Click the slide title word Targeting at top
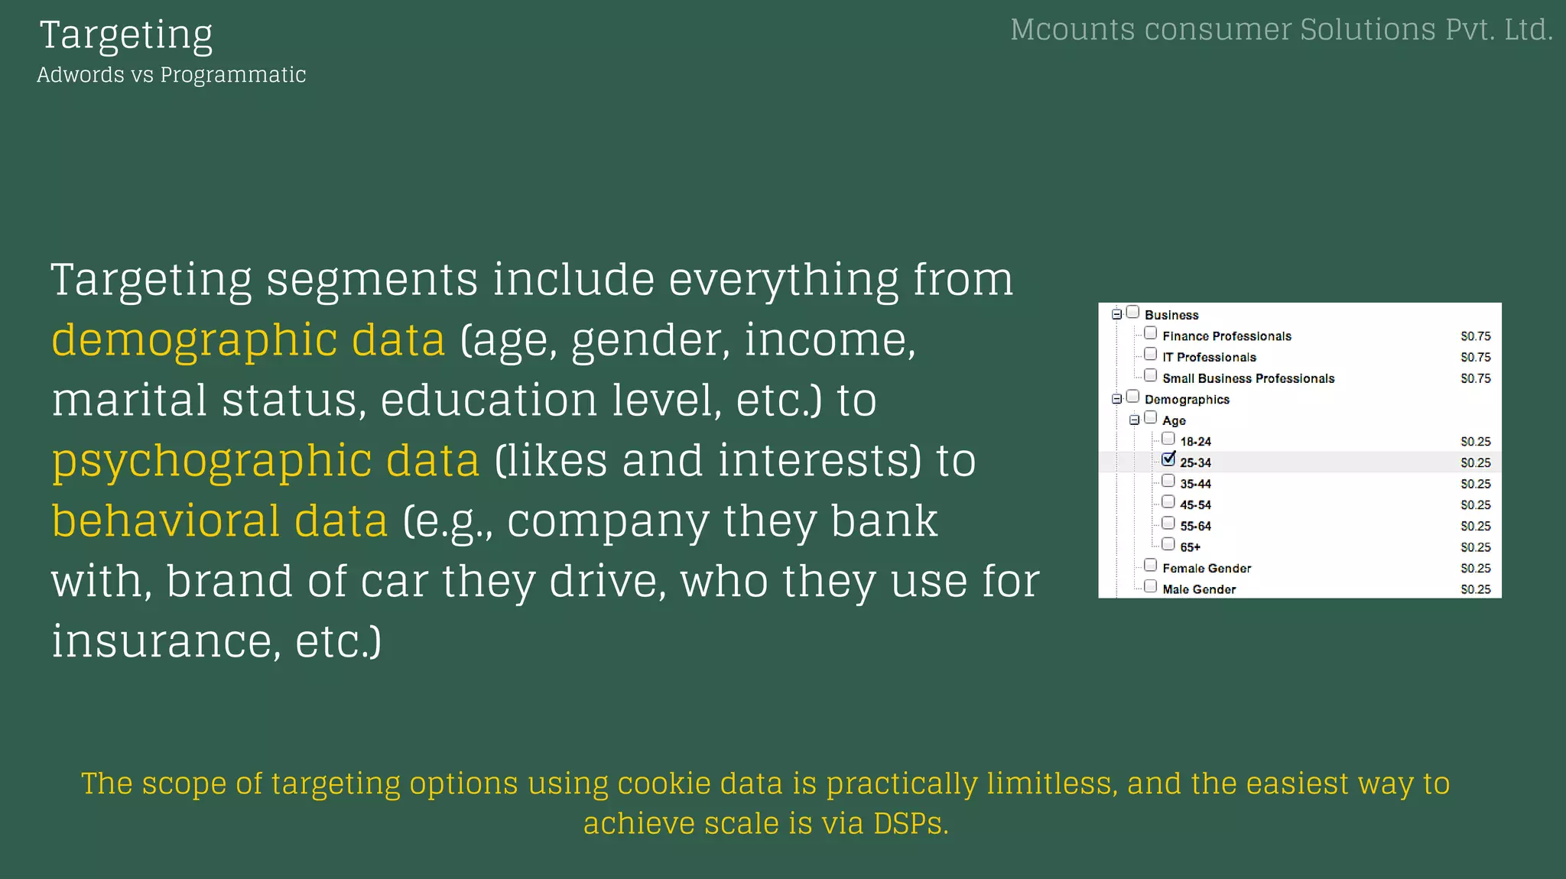click(x=126, y=35)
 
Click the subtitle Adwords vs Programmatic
click(x=171, y=75)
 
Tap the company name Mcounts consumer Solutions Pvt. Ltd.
click(x=1281, y=30)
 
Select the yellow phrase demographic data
click(x=248, y=339)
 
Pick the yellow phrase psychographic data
click(x=265, y=460)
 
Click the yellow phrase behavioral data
click(x=219, y=521)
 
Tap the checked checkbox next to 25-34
click(x=1168, y=459)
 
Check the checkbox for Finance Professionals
click(x=1150, y=333)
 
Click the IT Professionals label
click(x=1209, y=357)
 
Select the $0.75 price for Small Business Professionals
click(x=1475, y=378)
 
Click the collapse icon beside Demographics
click(x=1116, y=398)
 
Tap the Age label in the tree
click(x=1174, y=420)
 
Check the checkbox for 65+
click(x=1168, y=544)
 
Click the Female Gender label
click(x=1207, y=568)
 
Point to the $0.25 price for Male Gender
click(x=1475, y=589)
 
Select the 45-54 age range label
click(x=1195, y=504)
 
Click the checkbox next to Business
click(x=1132, y=312)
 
